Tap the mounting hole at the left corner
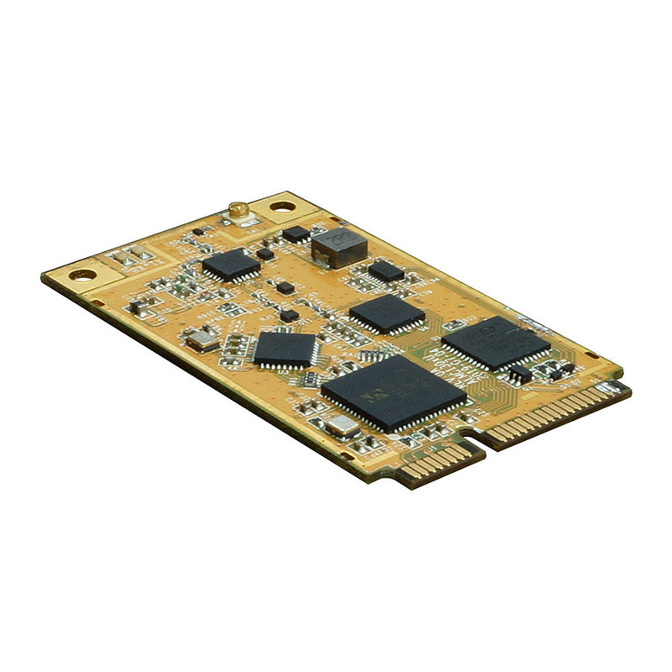tap(82, 275)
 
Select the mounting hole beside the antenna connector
tap(282, 206)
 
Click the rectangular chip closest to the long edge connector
tap(496, 342)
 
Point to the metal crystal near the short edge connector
tap(341, 425)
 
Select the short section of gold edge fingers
tap(438, 462)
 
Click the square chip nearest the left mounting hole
tap(231, 265)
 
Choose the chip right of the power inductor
tap(386, 270)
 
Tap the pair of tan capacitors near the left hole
tap(127, 258)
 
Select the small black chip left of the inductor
tap(296, 233)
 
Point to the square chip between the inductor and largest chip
tap(386, 313)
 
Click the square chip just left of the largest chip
tap(285, 348)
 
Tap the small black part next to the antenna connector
tap(198, 230)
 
